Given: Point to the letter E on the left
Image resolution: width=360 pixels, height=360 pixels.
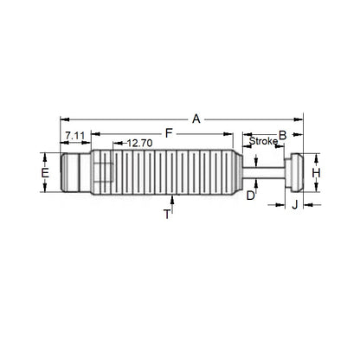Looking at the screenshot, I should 45,173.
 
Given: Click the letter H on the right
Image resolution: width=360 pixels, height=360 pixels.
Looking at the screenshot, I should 316,173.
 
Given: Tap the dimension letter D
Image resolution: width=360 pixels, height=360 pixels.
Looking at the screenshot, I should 251,196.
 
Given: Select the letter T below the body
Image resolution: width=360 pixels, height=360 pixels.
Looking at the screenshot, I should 167,215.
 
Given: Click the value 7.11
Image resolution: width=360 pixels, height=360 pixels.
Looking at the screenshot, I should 74,135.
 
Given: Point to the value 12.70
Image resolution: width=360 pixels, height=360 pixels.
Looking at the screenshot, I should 139,143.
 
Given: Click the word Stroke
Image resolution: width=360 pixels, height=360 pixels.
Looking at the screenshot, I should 263,140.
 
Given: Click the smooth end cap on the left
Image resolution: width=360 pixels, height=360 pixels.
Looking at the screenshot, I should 73,173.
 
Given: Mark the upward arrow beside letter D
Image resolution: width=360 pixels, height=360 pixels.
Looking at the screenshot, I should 257,181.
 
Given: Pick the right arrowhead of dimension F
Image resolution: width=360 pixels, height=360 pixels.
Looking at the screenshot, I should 233,133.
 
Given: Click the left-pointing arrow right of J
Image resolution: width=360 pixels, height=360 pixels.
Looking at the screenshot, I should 310,204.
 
